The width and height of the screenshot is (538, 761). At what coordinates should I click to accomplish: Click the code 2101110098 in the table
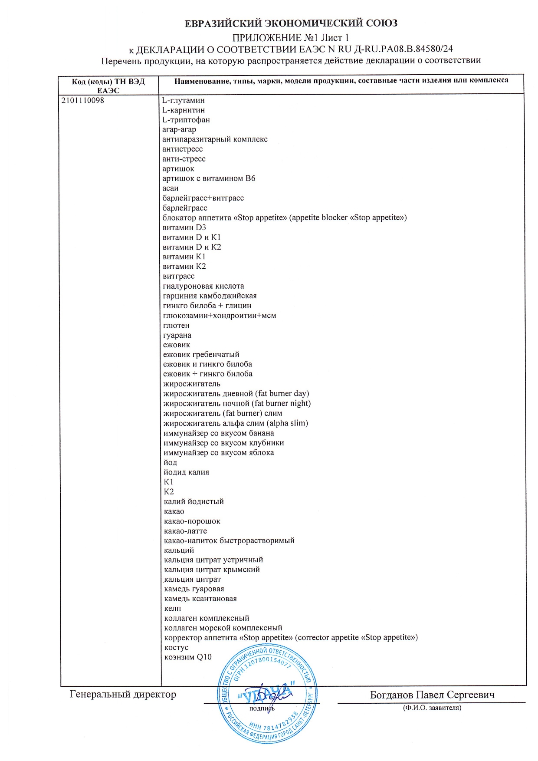click(x=83, y=100)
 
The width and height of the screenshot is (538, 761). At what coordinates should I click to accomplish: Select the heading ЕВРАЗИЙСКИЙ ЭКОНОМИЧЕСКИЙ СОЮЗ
click(x=291, y=23)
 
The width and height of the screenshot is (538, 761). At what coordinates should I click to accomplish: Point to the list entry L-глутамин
click(x=183, y=100)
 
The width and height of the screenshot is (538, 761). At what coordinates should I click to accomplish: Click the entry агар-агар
click(x=179, y=129)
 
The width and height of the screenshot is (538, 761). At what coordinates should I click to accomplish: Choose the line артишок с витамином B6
click(x=209, y=178)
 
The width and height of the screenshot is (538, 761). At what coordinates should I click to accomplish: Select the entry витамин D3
click(x=184, y=227)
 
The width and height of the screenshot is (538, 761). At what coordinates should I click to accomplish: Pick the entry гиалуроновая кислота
click(x=203, y=286)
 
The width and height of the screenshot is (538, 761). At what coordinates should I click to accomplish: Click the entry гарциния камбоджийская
click(x=210, y=296)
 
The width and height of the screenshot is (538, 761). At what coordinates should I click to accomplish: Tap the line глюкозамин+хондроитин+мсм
click(x=220, y=316)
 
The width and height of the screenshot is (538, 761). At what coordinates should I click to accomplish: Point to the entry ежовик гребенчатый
click(x=201, y=355)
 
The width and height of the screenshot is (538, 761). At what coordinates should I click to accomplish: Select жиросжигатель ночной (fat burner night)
click(x=237, y=403)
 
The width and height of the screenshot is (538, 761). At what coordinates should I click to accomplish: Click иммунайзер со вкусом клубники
click(x=224, y=443)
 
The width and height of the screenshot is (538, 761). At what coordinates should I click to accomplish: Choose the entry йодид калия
click(x=187, y=472)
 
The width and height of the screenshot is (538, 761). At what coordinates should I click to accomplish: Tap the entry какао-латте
click(x=186, y=531)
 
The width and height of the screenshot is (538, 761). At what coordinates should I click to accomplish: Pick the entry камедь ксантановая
click(x=200, y=599)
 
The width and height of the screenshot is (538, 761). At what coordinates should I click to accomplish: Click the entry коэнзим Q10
click(x=188, y=657)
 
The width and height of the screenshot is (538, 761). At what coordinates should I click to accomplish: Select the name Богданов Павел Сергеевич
click(x=432, y=695)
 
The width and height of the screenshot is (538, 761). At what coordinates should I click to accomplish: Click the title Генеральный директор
click(x=123, y=694)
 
